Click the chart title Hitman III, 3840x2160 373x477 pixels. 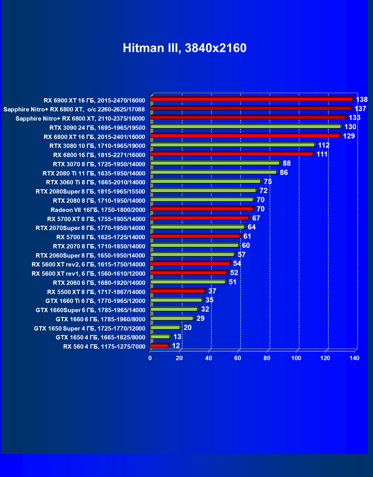184,48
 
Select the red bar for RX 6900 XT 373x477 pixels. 251,99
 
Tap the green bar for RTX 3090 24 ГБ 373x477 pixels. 246,126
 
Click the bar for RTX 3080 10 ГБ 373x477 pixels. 233,145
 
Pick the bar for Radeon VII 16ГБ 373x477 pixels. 202,209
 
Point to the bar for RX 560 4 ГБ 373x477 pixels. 159,346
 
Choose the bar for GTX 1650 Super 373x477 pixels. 165,327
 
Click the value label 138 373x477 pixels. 362,99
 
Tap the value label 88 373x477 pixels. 287,163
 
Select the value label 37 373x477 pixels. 212,291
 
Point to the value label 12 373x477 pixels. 176,346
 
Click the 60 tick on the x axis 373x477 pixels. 237,358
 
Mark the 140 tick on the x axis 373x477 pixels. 354,358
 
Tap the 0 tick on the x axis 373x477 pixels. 150,358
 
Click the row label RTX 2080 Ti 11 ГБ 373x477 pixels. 94,173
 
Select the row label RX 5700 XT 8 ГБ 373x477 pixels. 96,219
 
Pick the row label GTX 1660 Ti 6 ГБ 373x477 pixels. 95,301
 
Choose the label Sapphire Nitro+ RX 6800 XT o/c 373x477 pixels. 74,109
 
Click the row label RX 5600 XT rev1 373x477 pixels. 88,274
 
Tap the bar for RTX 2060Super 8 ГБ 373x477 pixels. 193,254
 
